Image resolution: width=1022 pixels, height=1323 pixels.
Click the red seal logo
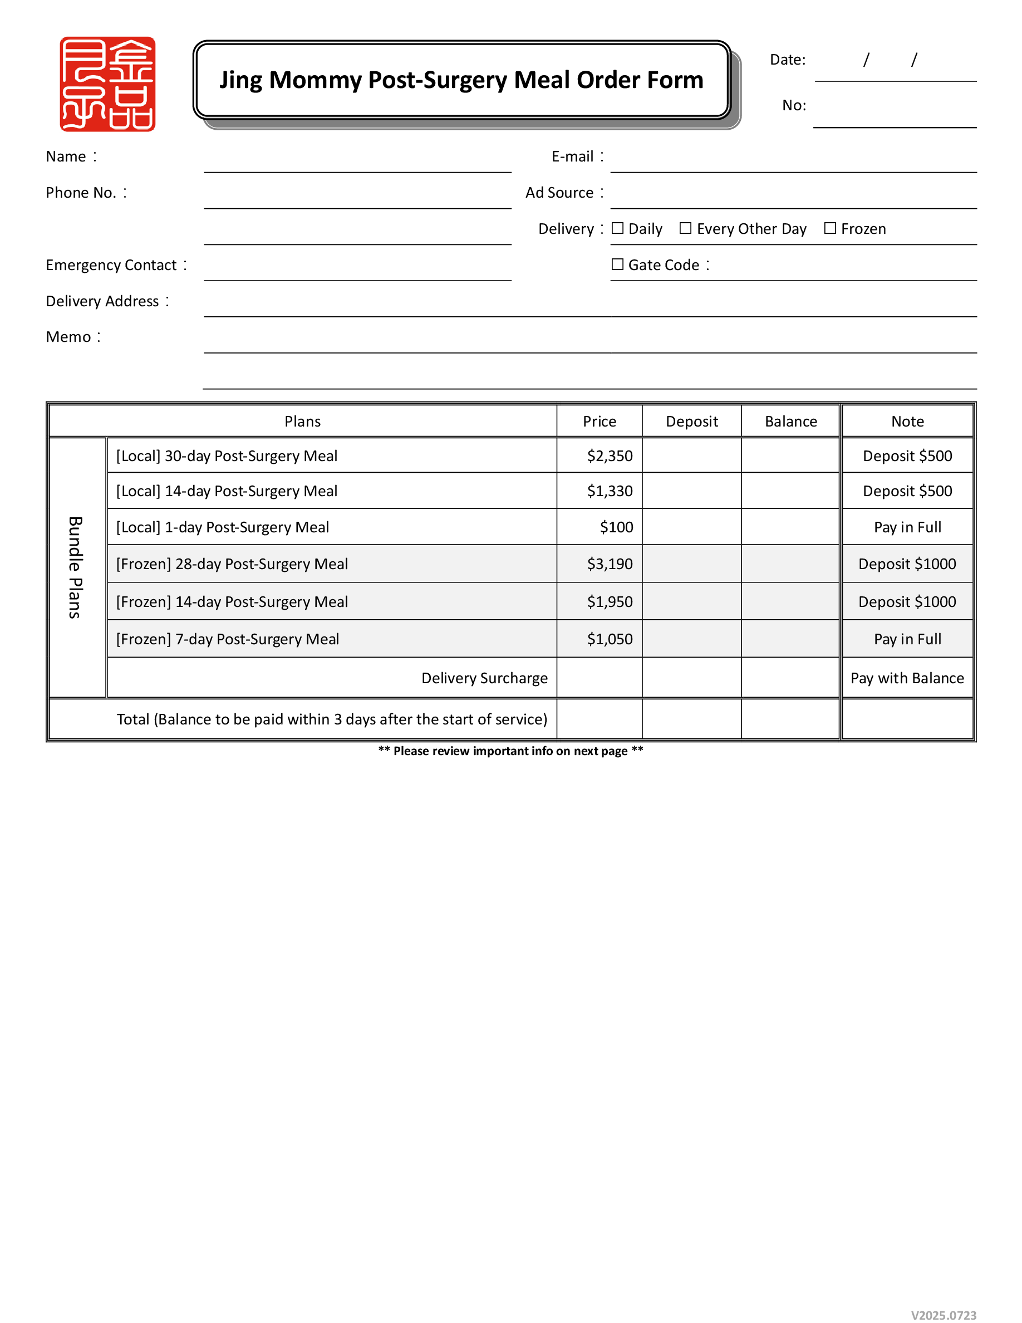pos(107,84)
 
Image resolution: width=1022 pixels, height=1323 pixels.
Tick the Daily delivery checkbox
pos(617,228)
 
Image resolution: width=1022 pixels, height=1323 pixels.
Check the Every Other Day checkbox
pos(685,228)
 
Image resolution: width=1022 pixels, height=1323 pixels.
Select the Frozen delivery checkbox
pos(829,228)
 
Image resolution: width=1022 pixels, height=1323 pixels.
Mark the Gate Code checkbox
pos(617,264)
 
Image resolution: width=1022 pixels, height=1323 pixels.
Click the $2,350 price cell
pos(609,455)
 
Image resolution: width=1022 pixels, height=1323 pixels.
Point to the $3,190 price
pos(609,564)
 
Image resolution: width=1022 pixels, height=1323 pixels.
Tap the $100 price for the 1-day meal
pos(616,527)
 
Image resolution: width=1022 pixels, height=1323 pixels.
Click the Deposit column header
pos(691,422)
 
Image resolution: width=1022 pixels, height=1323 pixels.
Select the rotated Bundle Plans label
pos(75,567)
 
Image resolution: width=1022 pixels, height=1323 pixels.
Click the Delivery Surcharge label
pos(484,678)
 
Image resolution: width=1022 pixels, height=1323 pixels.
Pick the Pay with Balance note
pos(906,678)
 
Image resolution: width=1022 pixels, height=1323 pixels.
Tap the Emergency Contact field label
pos(111,266)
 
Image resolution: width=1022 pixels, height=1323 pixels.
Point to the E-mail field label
pos(572,157)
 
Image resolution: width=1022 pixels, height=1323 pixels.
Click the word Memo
pos(68,337)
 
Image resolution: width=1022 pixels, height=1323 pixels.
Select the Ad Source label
pos(559,193)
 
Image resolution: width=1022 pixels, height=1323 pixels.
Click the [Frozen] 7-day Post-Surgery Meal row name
pos(227,639)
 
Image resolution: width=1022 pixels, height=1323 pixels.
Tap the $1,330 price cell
pos(609,491)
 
